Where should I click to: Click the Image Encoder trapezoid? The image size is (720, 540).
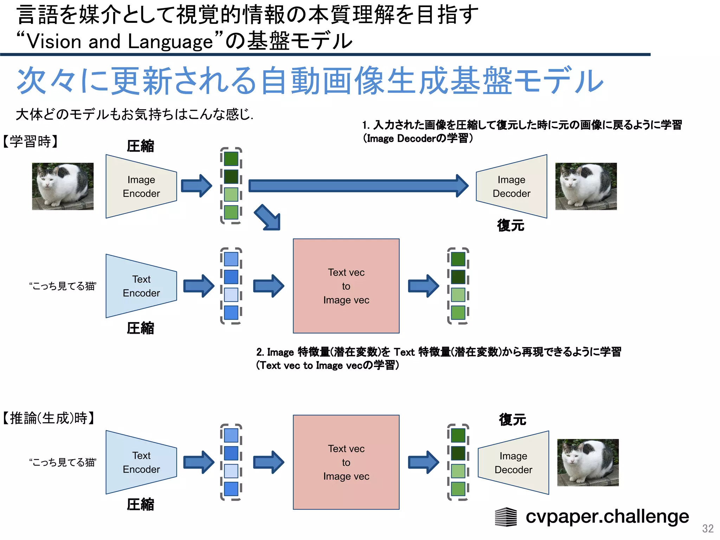(x=141, y=186)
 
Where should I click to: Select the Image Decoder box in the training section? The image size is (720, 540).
(x=512, y=186)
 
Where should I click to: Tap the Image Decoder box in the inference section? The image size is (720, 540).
(x=513, y=463)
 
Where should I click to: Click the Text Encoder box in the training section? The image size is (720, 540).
(x=141, y=286)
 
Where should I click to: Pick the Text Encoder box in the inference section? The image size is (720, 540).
(x=141, y=462)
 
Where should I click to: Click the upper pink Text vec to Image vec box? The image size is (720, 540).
(x=346, y=286)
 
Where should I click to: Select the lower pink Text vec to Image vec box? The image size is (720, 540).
(x=346, y=462)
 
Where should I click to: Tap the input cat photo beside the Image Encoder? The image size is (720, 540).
(x=63, y=186)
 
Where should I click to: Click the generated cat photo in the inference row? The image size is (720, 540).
(x=588, y=463)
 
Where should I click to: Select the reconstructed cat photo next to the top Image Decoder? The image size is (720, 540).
(x=586, y=186)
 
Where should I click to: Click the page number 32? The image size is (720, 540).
(x=708, y=528)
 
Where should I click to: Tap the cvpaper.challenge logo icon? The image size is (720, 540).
(x=506, y=517)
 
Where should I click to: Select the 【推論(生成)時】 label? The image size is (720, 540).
(x=49, y=418)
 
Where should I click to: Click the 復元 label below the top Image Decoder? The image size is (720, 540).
(x=510, y=225)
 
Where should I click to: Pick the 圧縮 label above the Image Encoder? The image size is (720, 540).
(x=140, y=146)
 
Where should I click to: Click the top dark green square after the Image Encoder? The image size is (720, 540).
(x=231, y=159)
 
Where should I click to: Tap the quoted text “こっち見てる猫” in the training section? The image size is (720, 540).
(x=63, y=286)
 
